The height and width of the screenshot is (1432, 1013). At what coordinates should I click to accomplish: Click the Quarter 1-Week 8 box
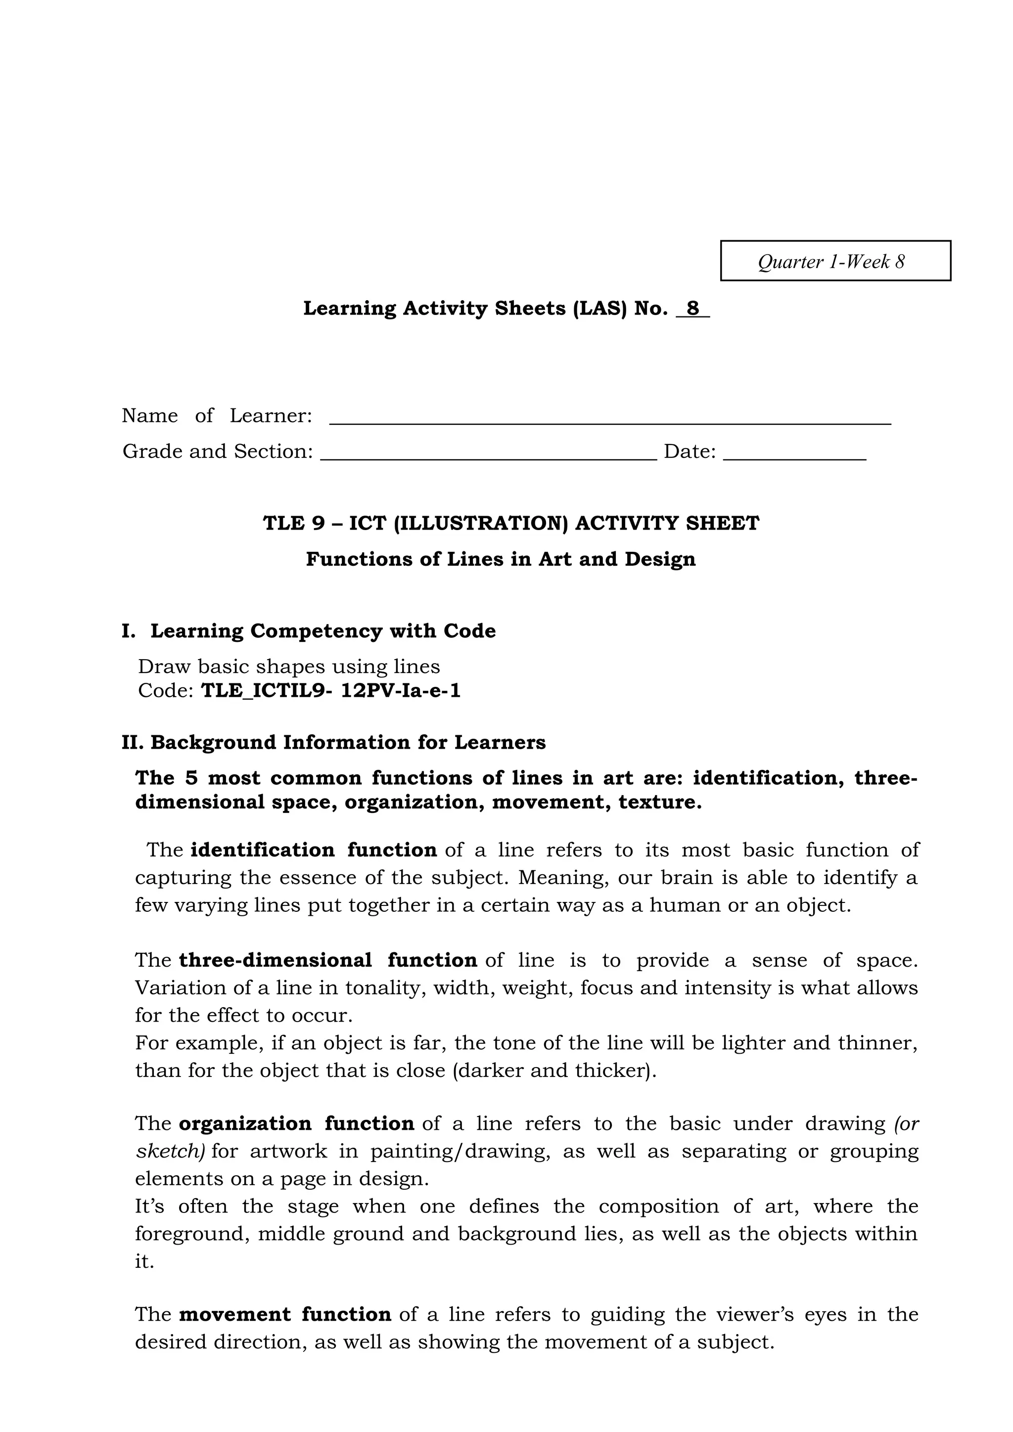835,261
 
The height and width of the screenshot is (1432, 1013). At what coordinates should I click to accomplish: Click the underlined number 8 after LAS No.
693,309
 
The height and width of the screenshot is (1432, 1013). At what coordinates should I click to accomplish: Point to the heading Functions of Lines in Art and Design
500,559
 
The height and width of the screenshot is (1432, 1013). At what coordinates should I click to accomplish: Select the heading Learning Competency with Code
322,630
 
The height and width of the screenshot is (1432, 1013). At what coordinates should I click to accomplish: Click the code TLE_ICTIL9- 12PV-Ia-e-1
330,691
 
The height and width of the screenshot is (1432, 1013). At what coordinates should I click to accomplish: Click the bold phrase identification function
313,850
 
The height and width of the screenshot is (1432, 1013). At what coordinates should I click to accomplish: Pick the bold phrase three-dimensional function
327,960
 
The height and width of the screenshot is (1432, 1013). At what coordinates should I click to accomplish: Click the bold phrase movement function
284,1314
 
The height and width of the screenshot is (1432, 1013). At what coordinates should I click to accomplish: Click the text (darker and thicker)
554,1070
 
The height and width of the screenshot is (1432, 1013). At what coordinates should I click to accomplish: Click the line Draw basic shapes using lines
289,667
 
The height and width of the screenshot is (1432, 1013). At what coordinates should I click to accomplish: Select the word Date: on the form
689,451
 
